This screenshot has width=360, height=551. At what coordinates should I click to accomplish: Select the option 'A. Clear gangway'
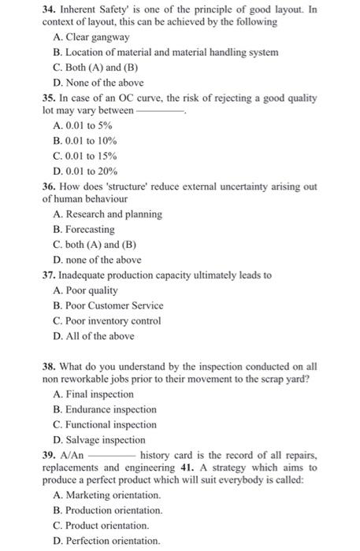pos(91,37)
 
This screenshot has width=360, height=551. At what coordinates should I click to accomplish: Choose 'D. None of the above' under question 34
pos(98,83)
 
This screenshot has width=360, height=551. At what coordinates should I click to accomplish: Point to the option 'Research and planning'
pos(107,214)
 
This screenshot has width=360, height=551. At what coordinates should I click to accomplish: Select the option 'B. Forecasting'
pos(84,230)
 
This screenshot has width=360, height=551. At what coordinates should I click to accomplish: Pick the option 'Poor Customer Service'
pos(108,305)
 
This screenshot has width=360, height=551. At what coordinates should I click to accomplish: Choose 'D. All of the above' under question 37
pos(94,336)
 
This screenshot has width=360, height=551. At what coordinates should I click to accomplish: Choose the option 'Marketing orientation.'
pos(107,495)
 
